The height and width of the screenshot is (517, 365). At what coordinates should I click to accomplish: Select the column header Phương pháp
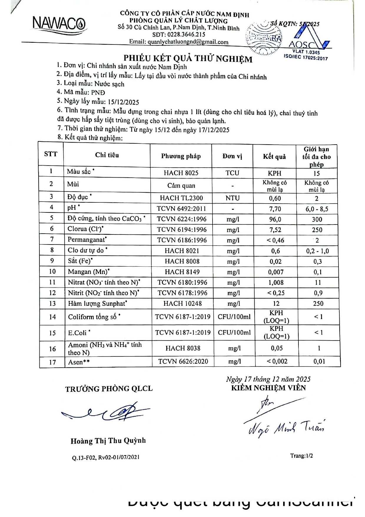(x=181, y=156)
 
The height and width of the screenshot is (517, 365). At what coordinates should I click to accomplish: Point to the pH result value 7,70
(x=275, y=209)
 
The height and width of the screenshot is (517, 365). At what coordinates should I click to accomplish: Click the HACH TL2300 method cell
(x=181, y=198)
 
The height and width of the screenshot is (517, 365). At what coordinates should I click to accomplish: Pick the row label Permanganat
(x=86, y=239)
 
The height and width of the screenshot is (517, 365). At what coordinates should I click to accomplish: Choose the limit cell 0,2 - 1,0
(x=317, y=251)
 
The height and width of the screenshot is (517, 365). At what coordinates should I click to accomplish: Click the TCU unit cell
(x=232, y=173)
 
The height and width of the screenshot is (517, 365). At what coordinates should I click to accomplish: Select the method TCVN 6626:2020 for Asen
(x=183, y=361)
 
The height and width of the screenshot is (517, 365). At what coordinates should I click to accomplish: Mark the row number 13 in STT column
(x=52, y=303)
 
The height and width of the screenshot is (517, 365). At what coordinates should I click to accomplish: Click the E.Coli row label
(x=77, y=333)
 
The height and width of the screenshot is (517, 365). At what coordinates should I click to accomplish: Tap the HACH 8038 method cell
(x=183, y=348)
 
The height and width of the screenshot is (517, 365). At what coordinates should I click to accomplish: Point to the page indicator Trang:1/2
(x=302, y=456)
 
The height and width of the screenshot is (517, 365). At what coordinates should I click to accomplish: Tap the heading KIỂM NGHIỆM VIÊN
(x=268, y=388)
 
